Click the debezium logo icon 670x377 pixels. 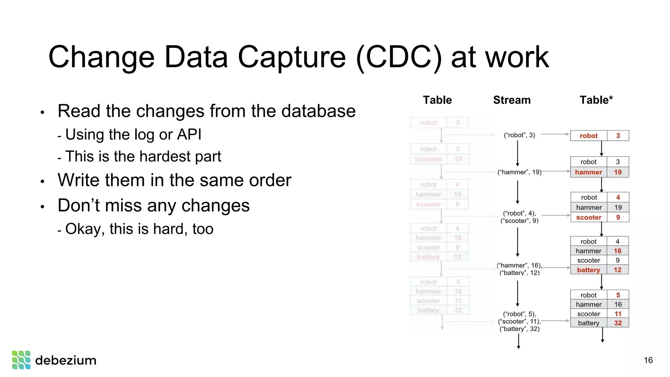[x=21, y=360]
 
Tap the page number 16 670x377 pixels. [x=648, y=360]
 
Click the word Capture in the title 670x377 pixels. [x=291, y=57]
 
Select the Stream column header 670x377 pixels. [x=512, y=100]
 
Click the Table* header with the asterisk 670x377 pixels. [x=596, y=100]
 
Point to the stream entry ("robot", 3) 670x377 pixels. [x=520, y=135]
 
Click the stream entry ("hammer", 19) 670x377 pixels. [x=520, y=172]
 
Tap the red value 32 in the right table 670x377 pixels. [x=618, y=323]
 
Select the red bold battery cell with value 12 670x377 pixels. [x=588, y=270]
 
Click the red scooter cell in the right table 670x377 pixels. [x=589, y=217]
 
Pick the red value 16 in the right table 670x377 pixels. [x=617, y=251]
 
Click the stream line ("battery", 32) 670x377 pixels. [x=520, y=329]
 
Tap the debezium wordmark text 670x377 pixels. [x=66, y=360]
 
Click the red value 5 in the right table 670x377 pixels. [x=618, y=295]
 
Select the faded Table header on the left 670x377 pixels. [x=437, y=100]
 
